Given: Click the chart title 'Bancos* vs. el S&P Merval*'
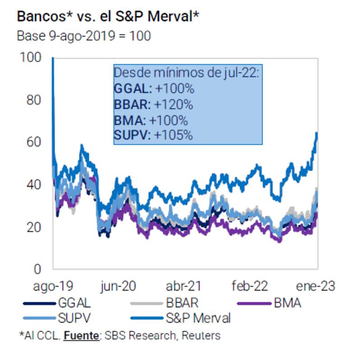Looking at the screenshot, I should [x=108, y=17].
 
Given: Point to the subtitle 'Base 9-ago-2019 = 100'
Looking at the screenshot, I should [x=84, y=36].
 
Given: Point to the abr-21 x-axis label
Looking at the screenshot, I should [x=184, y=286].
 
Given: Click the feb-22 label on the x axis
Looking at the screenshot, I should [x=250, y=286].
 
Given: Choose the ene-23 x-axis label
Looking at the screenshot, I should [x=315, y=286].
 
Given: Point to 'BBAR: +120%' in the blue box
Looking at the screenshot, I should [x=153, y=105].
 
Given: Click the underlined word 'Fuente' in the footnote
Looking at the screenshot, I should [x=81, y=336].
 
